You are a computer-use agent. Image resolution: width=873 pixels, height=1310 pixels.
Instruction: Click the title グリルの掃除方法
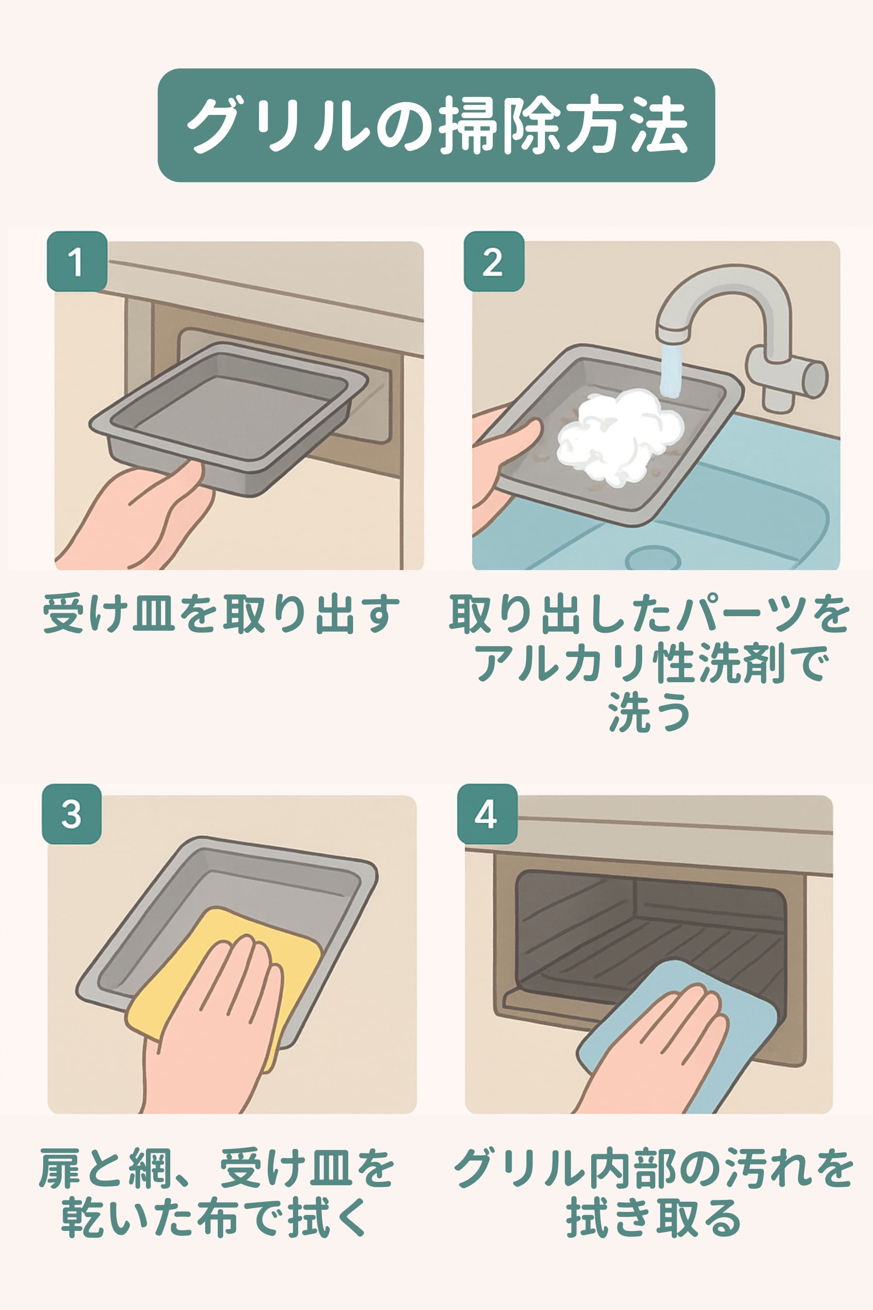(437, 125)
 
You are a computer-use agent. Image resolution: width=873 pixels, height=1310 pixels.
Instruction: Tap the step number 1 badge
(77, 261)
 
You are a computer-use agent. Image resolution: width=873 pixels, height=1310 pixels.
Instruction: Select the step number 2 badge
(494, 261)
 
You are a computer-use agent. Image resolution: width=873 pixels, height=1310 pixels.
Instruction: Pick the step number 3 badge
(72, 814)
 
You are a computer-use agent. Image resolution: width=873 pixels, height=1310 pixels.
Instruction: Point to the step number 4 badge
(487, 814)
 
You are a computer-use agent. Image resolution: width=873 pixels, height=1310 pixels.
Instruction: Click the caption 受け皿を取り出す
(222, 614)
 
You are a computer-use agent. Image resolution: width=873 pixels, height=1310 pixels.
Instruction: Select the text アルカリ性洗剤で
(650, 663)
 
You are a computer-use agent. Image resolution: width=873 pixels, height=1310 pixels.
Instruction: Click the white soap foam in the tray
(620, 437)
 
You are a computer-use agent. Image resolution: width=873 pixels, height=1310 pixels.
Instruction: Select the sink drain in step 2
(652, 557)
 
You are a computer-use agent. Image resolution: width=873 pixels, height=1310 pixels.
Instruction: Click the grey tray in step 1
(228, 418)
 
